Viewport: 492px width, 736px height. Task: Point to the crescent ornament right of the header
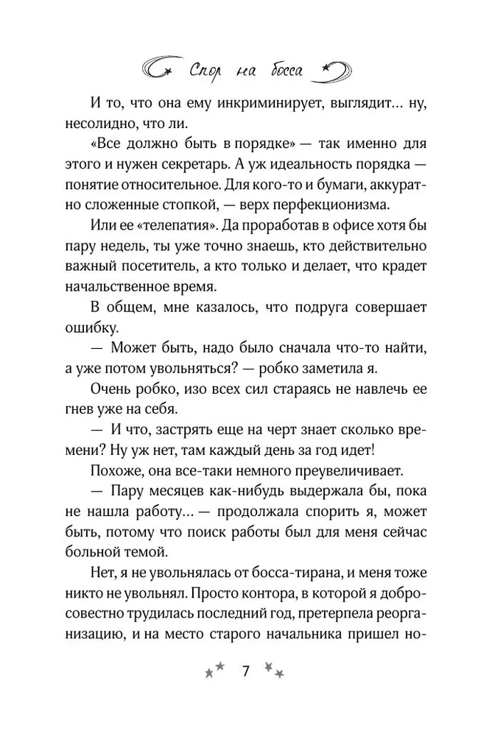coord(336,68)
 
